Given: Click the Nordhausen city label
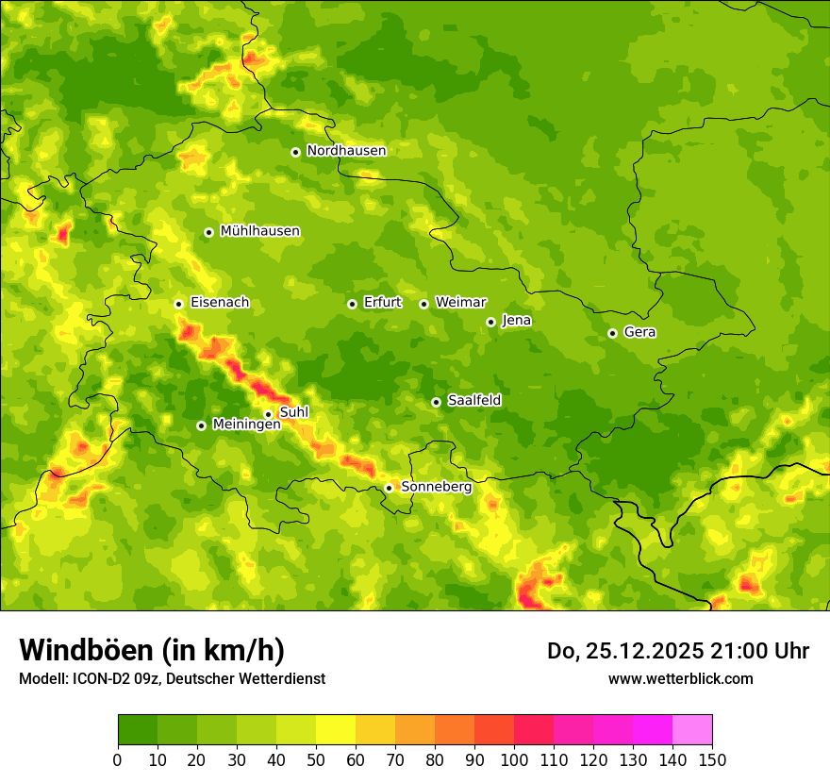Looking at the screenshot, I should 346,151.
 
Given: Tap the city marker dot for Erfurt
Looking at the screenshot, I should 352,304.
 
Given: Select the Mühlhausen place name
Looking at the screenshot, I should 259,231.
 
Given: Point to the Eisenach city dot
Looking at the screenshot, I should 178,304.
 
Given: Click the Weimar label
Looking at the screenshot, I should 460,303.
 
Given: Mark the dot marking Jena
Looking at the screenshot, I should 490,322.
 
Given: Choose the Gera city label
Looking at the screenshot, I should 639,332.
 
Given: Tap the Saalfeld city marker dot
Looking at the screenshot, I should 436,402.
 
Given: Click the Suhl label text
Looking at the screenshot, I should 294,412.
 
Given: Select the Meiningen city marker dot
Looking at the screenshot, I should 201,425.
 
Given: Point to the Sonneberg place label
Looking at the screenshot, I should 436,487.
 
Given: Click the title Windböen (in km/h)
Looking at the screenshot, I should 151,650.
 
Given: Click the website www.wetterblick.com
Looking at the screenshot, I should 680,678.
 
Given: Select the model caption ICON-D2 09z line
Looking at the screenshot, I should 172,678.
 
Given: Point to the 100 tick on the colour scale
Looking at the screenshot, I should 514,760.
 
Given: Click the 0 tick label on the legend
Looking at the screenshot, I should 118,760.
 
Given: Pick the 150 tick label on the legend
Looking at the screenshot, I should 712,760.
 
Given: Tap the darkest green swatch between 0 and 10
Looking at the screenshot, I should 138,730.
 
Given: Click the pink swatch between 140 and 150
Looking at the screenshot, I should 692,730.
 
